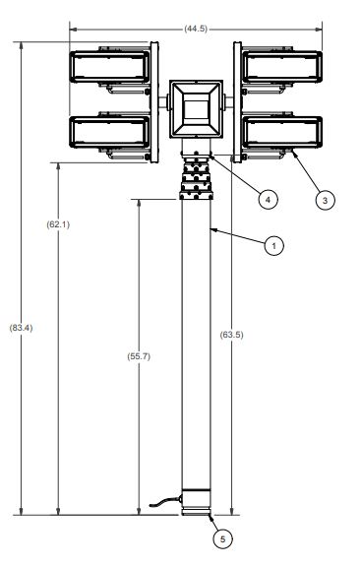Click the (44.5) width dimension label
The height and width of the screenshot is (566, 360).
click(196, 29)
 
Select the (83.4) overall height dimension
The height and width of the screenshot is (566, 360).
click(21, 328)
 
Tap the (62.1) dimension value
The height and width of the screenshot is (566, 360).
click(58, 224)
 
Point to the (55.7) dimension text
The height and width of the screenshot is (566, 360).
click(139, 356)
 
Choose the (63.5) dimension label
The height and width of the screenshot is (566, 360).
click(231, 335)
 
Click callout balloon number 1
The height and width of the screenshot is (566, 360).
click(273, 246)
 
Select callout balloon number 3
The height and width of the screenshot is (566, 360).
click(325, 200)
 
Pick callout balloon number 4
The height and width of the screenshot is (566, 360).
click(268, 199)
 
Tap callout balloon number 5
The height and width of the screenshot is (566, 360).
click(222, 539)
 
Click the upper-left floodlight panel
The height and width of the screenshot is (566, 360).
click(109, 67)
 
